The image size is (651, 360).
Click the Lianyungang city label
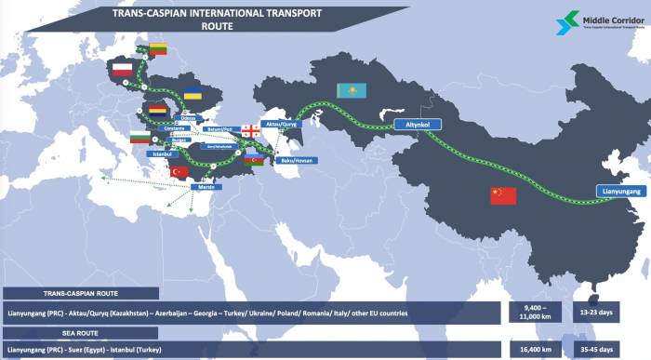[619, 191]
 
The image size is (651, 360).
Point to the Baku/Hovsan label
[299, 160]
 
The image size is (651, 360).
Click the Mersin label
[208, 188]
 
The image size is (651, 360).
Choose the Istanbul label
[164, 153]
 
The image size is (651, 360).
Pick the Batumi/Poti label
[219, 129]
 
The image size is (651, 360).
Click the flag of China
[503, 195]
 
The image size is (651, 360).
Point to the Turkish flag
[179, 171]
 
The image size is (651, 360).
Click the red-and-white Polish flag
[123, 69]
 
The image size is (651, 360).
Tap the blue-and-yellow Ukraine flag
[193, 94]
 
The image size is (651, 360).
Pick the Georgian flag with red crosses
[251, 131]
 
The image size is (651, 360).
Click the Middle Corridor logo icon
[565, 21]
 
